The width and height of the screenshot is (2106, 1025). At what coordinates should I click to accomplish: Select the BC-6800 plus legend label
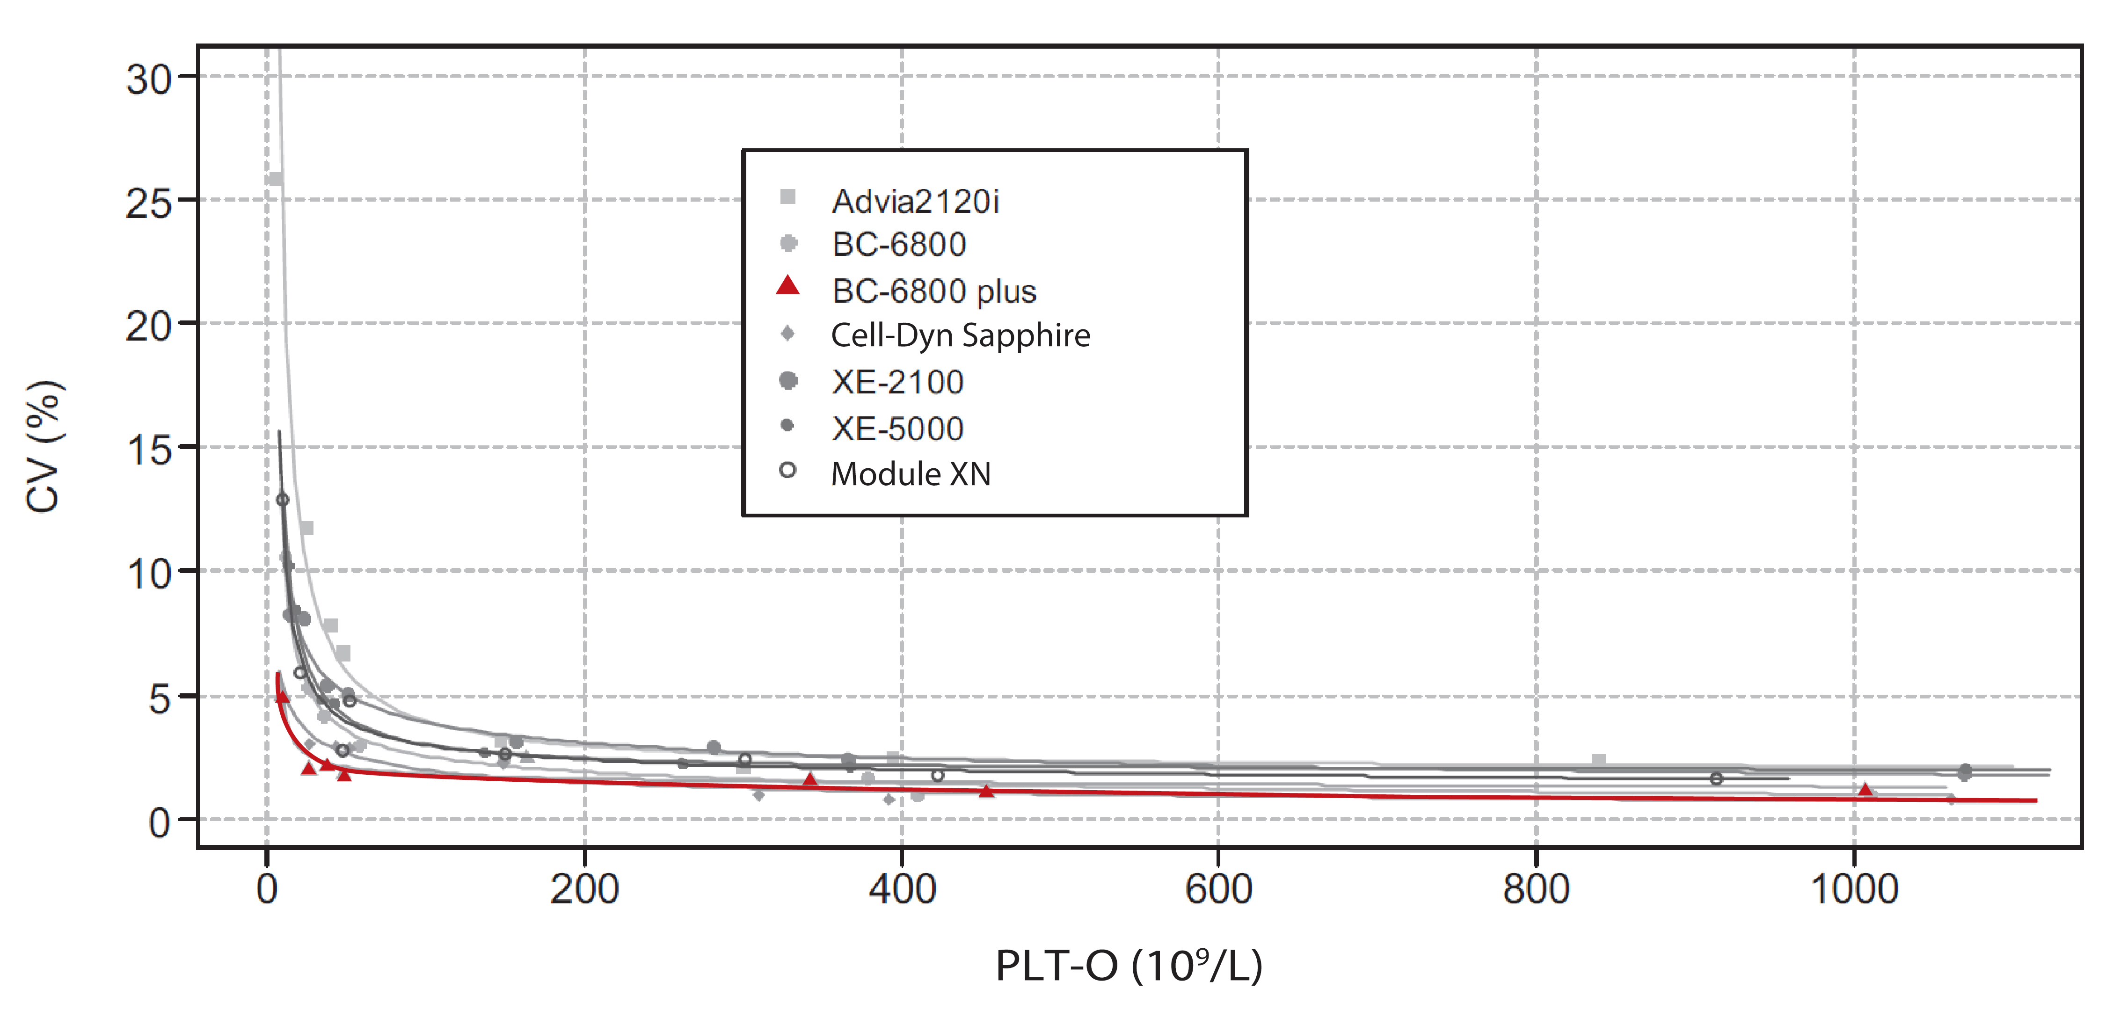933,291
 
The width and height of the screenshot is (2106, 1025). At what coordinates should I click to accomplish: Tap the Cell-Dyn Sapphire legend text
960,335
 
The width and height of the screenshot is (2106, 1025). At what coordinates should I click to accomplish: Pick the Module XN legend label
910,474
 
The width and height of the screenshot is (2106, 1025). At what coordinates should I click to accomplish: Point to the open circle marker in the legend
787,470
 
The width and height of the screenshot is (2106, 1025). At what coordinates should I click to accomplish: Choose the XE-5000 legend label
897,429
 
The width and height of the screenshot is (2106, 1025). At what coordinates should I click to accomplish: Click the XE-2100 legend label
897,382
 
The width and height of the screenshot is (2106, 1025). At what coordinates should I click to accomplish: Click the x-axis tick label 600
1218,889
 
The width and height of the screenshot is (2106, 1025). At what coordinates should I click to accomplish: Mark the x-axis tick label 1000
1853,889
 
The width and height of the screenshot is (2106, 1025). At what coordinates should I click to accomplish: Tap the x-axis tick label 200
584,889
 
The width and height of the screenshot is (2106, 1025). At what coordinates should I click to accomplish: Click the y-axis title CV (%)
43,447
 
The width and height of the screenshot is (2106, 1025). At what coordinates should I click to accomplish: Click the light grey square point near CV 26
276,179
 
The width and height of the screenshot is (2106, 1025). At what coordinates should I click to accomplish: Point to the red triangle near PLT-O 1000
1865,790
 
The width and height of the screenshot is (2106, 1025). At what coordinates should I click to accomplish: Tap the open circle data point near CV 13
282,500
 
